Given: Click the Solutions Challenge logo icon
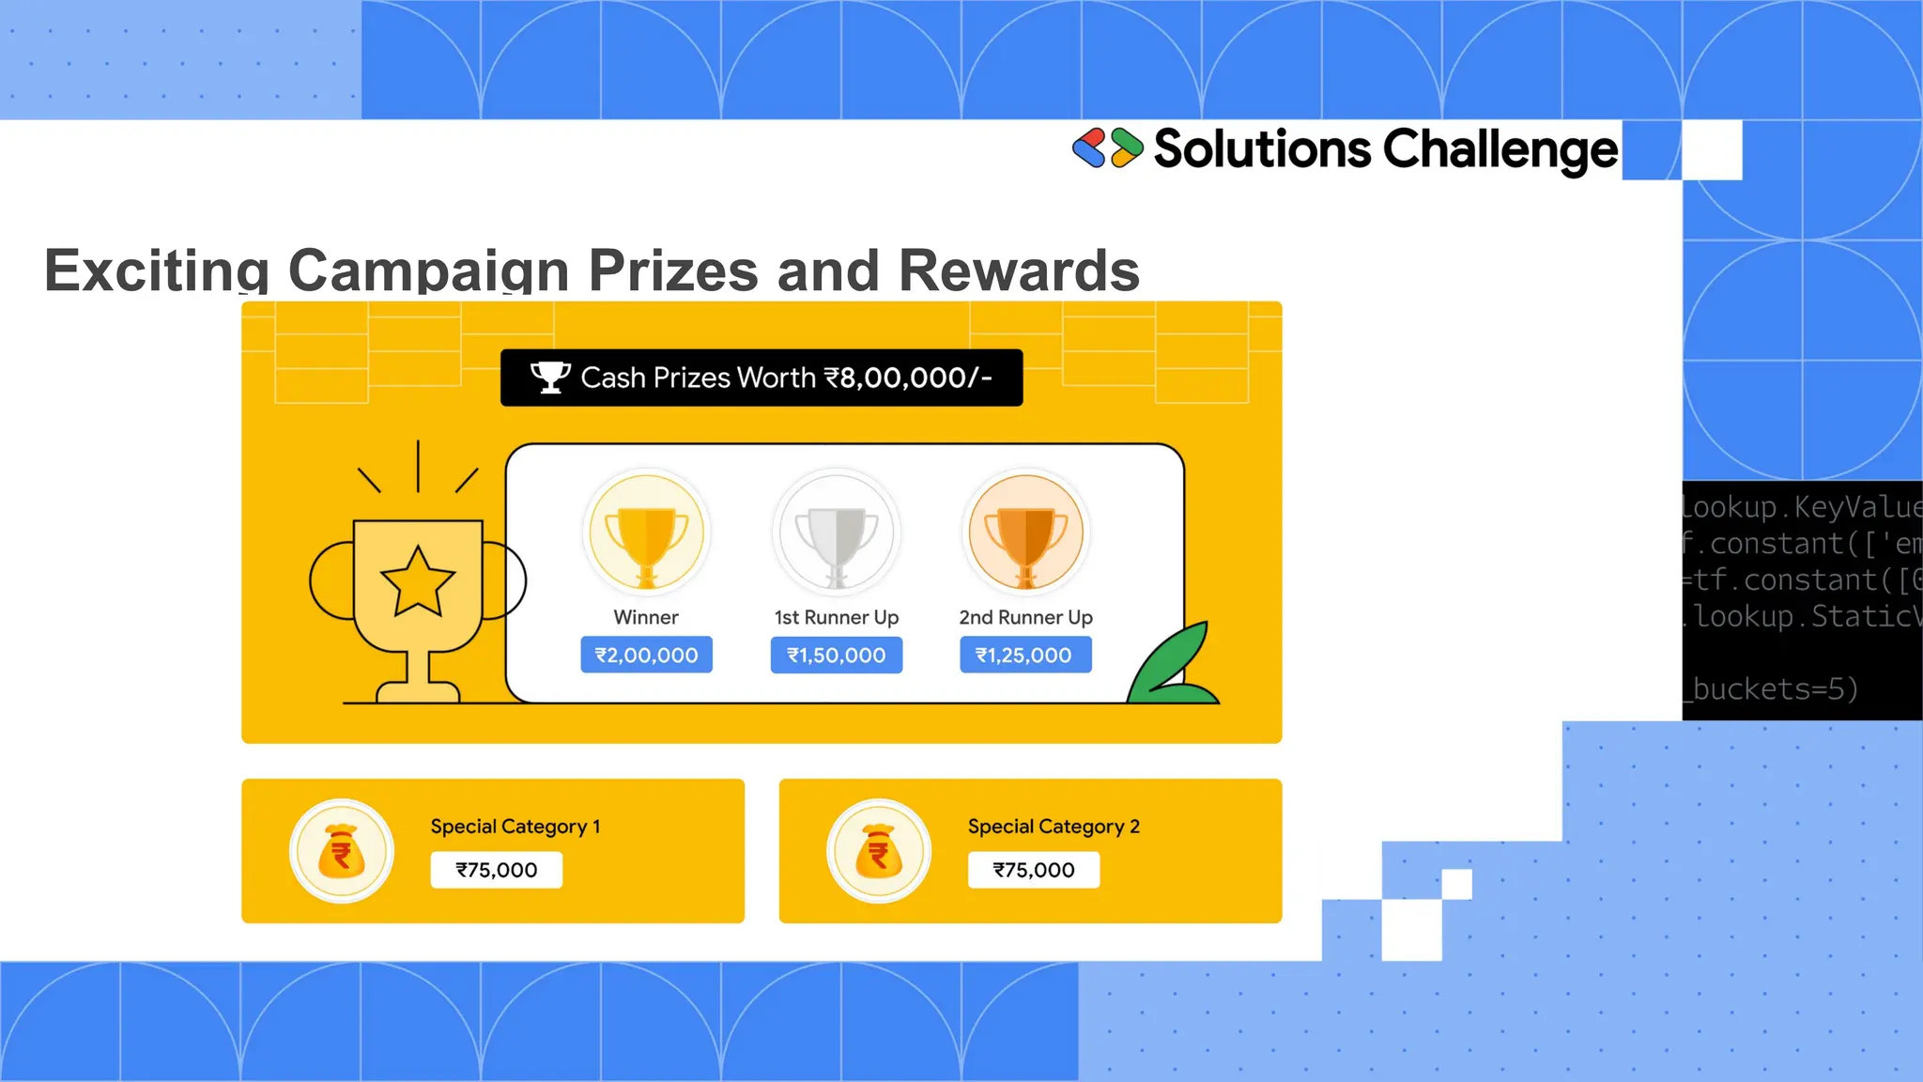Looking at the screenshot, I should coord(1107,148).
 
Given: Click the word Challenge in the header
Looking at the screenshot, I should coord(1500,150).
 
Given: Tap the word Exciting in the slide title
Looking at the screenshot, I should coord(157,270).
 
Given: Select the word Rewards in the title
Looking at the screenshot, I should coord(1019,270).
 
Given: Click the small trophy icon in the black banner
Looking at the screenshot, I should coord(550,378).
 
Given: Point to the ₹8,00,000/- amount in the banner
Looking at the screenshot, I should coord(908,378).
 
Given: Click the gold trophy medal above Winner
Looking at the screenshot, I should coord(646,533).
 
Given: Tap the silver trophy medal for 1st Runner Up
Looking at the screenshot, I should coord(836,533).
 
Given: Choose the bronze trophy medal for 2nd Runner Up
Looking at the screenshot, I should coord(1025,533).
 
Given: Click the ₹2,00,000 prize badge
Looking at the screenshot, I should coord(646,655).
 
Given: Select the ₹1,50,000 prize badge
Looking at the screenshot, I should coord(836,655).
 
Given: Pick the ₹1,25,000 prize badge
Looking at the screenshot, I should coord(1024,655).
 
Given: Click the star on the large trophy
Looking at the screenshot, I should coord(418,582).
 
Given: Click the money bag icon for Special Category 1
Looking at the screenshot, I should coord(342,851).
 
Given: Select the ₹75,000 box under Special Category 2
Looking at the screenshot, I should coord(1033,870).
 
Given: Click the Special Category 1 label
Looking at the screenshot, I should coord(515,827).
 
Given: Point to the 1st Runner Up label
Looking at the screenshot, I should coord(836,617).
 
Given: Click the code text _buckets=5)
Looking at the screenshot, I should coord(1771,689).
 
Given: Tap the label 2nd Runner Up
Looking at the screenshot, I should coord(1025,617).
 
